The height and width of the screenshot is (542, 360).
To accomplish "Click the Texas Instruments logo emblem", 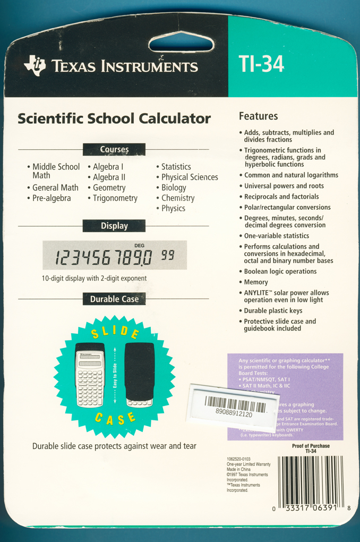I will tap(35, 65).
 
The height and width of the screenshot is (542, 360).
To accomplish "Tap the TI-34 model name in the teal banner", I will tap(262, 64).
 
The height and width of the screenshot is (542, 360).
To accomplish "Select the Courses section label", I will tap(114, 150).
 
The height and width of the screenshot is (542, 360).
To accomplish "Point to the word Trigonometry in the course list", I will tap(115, 198).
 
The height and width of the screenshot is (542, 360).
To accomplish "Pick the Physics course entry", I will tap(173, 208).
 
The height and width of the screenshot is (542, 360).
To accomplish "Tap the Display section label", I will tap(114, 226).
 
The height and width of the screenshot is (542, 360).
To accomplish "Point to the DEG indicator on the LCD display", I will tap(140, 245).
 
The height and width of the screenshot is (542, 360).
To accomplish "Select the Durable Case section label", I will tap(114, 299).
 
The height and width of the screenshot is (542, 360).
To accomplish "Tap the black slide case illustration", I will tap(139, 375).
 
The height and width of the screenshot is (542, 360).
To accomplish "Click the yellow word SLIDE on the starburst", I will tap(115, 333).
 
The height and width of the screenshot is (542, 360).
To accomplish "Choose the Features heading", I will tap(258, 116).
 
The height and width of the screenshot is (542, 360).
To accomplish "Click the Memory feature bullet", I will tap(256, 282).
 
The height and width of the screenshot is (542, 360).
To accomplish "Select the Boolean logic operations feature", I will tap(280, 272).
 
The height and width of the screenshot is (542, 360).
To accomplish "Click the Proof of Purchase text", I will tap(311, 446).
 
